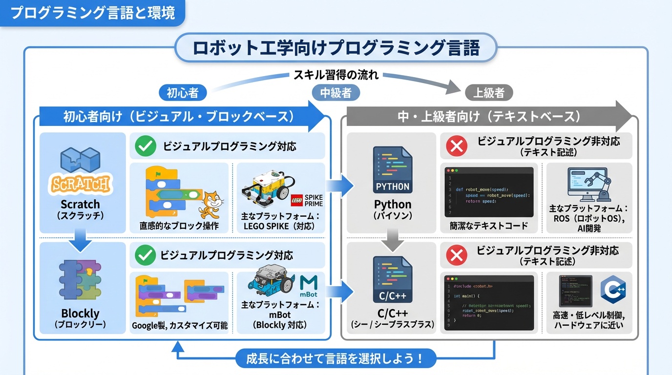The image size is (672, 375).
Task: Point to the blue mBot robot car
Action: (269, 282)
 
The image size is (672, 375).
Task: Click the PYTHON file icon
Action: (392, 170)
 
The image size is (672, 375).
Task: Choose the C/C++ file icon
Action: (392, 280)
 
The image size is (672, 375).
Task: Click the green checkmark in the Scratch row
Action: (145, 146)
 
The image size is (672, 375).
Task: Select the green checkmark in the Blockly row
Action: (145, 255)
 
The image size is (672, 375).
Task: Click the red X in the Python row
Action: (457, 146)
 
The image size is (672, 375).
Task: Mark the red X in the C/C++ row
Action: (457, 255)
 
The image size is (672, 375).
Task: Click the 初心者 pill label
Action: (183, 93)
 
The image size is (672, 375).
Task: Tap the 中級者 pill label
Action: (336, 93)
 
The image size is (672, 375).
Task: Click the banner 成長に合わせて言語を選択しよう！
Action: (336, 358)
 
